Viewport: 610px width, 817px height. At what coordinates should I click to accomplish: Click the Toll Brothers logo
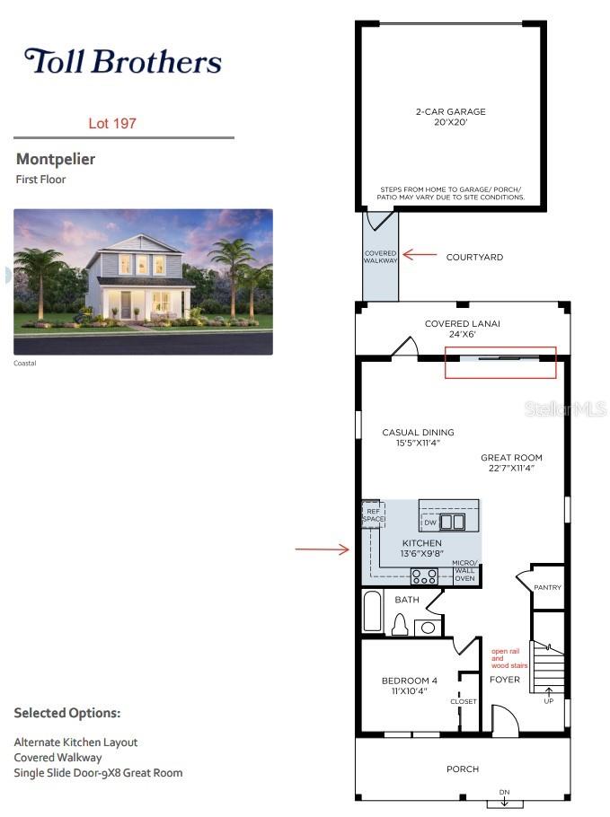coord(123,61)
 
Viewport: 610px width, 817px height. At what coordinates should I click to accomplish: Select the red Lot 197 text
coord(112,124)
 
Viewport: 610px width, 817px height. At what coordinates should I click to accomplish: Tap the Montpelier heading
coord(56,159)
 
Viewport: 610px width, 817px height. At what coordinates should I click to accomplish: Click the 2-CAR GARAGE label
coord(450,111)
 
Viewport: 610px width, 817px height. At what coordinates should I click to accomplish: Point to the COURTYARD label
coord(474,257)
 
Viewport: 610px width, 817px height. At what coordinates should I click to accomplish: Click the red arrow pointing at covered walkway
coord(420,255)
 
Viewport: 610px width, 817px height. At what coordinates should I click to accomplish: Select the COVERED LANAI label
coord(462,323)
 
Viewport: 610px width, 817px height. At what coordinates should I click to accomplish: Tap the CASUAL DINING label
coord(418,433)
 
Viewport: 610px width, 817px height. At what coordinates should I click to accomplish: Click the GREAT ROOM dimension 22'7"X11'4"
coord(511,468)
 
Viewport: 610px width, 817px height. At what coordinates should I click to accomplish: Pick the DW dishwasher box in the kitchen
coord(430,523)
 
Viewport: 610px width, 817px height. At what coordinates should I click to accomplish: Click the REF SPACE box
coord(374,514)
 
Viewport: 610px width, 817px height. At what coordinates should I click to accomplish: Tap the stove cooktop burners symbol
coord(424,576)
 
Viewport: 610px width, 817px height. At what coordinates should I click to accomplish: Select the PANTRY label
coord(547,587)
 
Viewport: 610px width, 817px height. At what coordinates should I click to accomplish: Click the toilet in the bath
coord(400,624)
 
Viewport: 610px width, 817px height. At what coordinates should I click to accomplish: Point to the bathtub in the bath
coord(372,611)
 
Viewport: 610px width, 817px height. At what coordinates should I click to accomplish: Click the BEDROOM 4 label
coord(410,681)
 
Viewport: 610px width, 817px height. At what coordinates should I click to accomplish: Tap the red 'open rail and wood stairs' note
coord(508,658)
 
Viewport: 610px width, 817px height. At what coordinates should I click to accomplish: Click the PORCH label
coord(463,769)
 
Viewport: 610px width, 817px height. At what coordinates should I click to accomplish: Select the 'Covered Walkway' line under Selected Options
coord(57,758)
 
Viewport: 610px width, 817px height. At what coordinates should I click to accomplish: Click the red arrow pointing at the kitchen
coord(323,549)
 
